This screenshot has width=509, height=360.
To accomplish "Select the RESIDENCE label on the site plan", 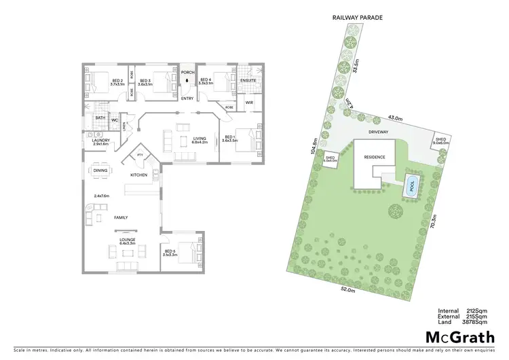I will [x=374, y=157].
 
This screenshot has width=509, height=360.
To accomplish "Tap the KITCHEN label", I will [x=139, y=175].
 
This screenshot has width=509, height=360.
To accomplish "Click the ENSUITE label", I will [x=248, y=82].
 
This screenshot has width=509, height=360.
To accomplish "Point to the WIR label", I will [x=249, y=103].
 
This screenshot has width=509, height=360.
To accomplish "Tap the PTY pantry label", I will [x=140, y=155].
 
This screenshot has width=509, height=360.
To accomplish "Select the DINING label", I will [x=100, y=170].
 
